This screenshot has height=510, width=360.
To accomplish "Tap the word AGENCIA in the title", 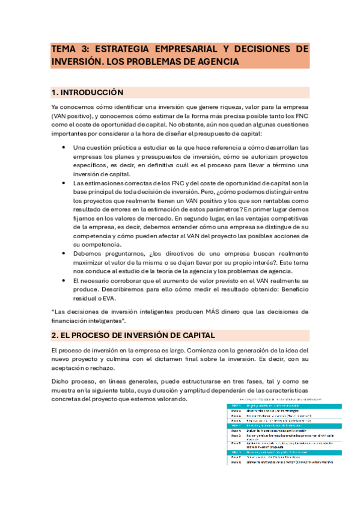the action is pyautogui.click(x=215, y=61).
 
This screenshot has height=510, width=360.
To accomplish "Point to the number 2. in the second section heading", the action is pyautogui.click(x=55, y=335).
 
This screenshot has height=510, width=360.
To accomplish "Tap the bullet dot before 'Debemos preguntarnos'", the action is pyautogui.click(x=64, y=254).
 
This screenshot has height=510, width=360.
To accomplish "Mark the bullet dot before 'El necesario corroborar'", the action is pyautogui.click(x=64, y=280).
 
